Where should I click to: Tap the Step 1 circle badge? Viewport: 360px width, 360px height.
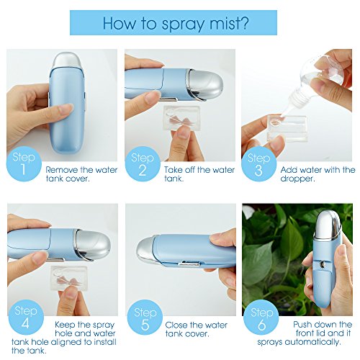(x=24, y=164)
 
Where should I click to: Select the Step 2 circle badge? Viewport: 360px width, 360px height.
(x=143, y=164)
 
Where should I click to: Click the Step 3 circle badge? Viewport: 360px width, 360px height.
(x=258, y=164)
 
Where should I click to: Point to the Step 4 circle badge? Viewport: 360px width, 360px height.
(x=26, y=318)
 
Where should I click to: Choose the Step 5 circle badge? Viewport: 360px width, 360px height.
(x=145, y=318)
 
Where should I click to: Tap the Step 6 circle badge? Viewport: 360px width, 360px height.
(x=261, y=318)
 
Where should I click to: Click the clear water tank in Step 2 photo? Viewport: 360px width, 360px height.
(x=181, y=118)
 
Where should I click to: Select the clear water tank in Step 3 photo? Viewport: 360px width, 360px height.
(x=287, y=128)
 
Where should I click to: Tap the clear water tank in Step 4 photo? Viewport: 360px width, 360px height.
(x=69, y=278)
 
